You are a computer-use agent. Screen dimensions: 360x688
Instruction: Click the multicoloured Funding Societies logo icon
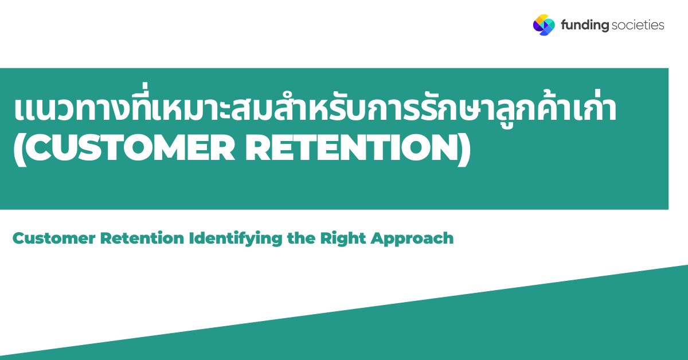click(544, 25)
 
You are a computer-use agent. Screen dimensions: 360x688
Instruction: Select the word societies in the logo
click(638, 25)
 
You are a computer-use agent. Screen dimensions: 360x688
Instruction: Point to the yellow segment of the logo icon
click(540, 19)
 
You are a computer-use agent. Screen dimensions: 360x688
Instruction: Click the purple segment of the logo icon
click(537, 27)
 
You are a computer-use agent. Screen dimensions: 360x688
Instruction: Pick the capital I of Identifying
click(191, 238)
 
